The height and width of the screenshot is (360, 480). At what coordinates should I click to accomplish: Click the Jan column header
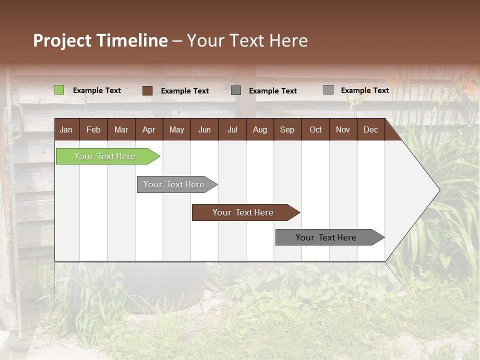[66, 129]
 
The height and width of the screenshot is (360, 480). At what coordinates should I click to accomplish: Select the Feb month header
[93, 129]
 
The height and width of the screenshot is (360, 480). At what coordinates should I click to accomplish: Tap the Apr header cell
[148, 129]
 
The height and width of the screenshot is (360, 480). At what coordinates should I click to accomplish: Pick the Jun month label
[204, 129]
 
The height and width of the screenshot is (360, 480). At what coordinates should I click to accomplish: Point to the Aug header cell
[259, 129]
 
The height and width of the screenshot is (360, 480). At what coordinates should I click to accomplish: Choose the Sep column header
[287, 129]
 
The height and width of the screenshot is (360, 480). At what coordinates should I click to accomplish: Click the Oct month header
[315, 129]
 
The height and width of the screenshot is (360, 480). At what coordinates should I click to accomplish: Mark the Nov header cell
[342, 129]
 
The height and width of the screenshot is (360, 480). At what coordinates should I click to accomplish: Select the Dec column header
[370, 129]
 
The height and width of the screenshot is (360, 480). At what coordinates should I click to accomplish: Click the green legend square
[59, 90]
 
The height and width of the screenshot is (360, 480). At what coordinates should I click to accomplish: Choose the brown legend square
[147, 90]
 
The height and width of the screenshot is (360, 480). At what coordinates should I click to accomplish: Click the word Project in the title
[62, 40]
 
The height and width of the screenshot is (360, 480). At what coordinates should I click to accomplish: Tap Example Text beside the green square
[97, 90]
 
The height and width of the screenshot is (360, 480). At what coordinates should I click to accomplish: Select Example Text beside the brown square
[185, 91]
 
